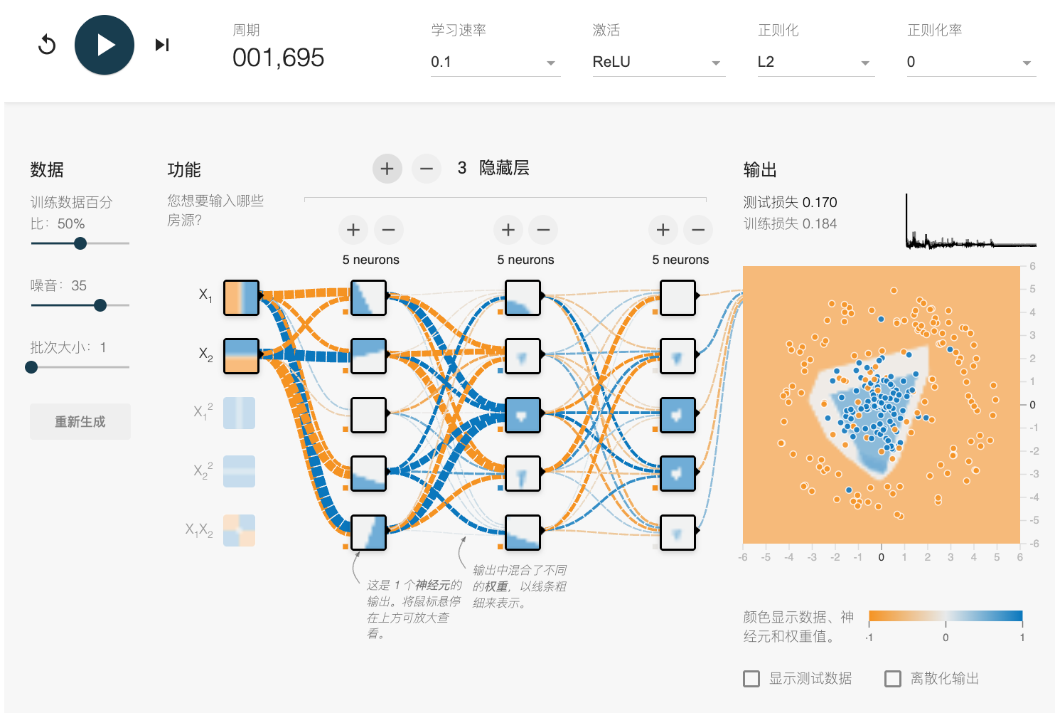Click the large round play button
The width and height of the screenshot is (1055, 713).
pos(105,45)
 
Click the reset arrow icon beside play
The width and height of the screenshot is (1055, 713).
pos(47,45)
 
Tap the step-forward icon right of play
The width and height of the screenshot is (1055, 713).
pos(162,45)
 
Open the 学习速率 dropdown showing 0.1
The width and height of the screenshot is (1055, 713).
pos(495,62)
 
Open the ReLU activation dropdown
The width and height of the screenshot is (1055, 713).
pos(658,62)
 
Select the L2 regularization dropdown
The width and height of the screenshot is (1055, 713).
pos(815,62)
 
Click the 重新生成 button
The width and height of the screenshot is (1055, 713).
pos(80,421)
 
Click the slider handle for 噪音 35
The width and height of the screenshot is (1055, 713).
pos(100,305)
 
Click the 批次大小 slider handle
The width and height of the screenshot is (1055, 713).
pos(31,367)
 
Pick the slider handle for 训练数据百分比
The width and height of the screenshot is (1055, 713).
pos(80,243)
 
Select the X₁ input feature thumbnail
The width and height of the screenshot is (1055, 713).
pos(241,297)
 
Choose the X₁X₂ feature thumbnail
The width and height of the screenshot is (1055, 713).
pos(239,531)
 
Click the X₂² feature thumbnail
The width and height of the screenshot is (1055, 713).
pos(239,472)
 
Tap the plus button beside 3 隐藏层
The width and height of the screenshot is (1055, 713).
pos(387,169)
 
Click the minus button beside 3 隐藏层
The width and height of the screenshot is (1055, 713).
pos(427,169)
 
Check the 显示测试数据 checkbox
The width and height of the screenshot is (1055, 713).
pos(751,679)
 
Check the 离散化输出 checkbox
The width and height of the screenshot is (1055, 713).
pos(892,679)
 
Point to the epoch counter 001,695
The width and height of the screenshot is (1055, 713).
pos(278,58)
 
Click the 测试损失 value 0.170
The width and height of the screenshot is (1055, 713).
pos(820,202)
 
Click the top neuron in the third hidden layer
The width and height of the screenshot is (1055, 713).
pos(678,297)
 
